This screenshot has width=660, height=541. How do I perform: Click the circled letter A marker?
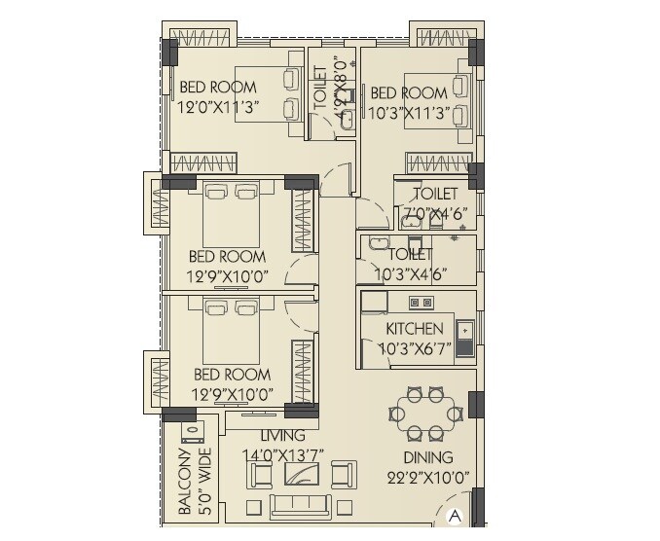click(455, 517)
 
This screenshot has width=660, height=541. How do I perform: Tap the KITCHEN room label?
click(415, 329)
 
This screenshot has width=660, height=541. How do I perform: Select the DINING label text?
click(427, 457)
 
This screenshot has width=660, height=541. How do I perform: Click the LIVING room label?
click(282, 436)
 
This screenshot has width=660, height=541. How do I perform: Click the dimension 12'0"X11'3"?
click(216, 109)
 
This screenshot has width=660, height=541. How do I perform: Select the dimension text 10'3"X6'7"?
click(415, 348)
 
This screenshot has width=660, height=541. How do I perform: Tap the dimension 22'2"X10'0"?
click(427, 477)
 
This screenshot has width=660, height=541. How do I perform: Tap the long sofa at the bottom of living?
click(300, 505)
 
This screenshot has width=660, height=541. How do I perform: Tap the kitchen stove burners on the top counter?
click(420, 303)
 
